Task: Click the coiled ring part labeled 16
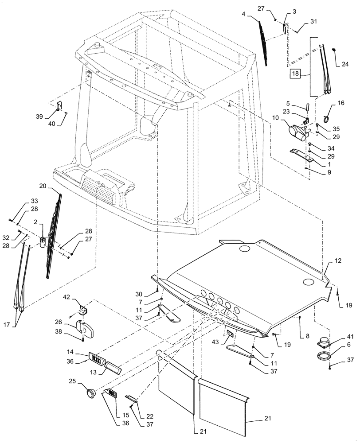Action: point(329,117)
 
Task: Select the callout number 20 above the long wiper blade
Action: point(55,186)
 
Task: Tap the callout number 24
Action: point(345,63)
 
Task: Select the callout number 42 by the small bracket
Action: point(66,297)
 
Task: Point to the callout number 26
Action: point(71,322)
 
